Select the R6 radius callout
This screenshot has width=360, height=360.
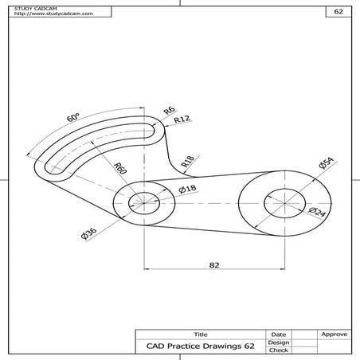point(169,110)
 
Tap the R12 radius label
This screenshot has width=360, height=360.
point(183,119)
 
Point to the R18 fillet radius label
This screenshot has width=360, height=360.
point(187,162)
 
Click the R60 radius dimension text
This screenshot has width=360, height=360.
point(120,168)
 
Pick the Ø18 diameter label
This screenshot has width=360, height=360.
point(188,189)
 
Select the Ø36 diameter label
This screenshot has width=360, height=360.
point(88,233)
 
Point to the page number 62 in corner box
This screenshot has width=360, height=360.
point(337,13)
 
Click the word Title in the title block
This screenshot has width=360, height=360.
point(200,334)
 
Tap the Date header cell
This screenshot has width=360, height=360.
point(279,334)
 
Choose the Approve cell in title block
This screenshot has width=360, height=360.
point(332,334)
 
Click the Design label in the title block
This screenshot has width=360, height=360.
point(279,342)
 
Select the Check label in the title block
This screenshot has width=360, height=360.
point(279,350)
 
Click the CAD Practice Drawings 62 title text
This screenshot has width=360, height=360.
point(200,346)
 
